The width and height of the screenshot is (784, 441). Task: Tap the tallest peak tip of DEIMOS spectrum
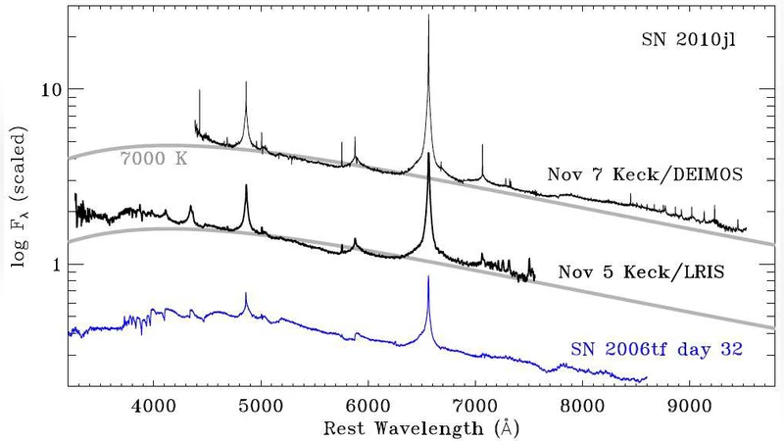pos(428,17)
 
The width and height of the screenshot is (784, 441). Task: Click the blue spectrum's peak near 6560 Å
pos(428,277)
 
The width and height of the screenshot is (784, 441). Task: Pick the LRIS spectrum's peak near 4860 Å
pos(246,185)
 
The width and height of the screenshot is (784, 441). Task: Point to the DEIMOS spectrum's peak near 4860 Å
pos(246,82)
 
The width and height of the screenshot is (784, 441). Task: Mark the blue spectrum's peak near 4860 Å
pos(246,293)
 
